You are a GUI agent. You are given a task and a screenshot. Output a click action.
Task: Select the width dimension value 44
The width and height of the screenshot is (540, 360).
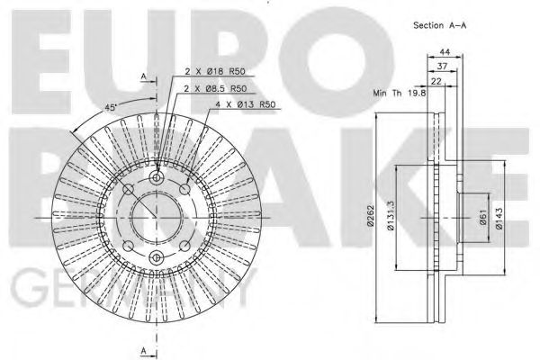[446, 52]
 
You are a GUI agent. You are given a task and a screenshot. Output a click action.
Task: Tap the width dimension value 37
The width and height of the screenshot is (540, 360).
[441, 66]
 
